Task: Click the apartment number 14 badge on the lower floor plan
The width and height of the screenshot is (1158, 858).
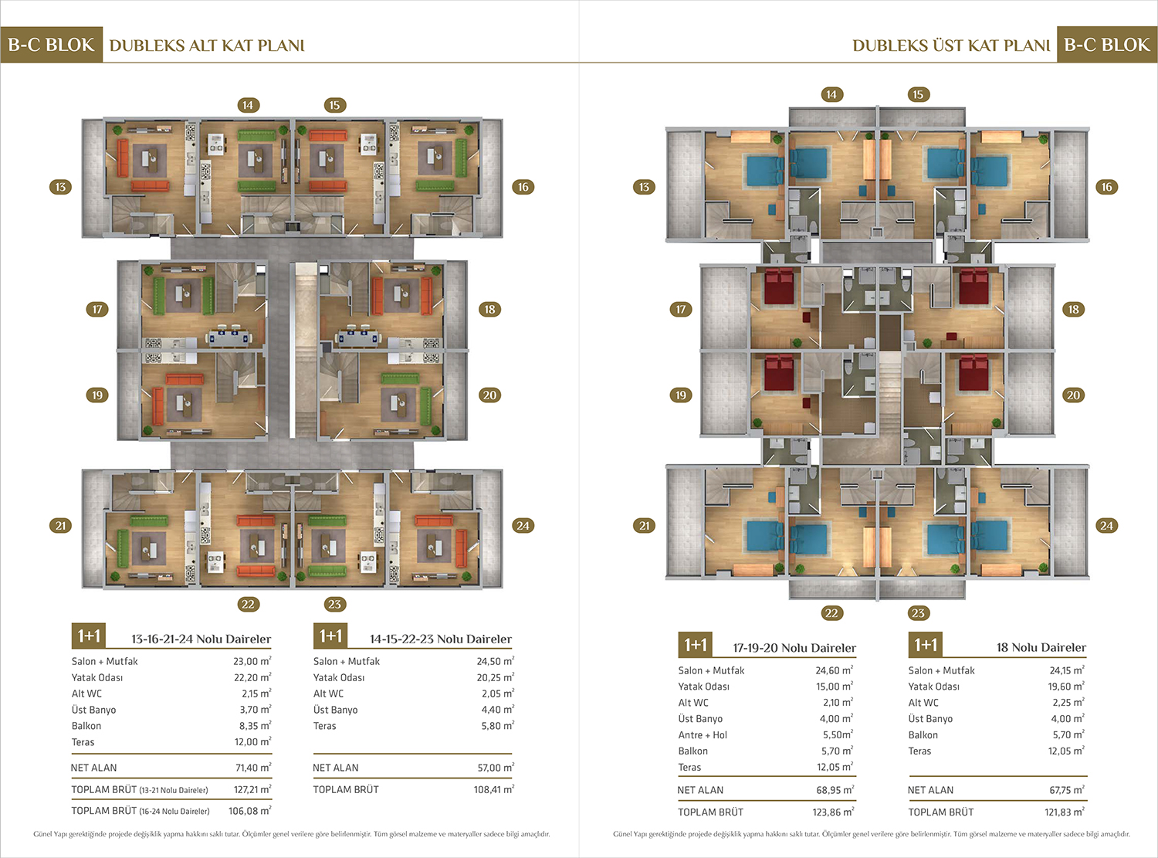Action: [x=248, y=105]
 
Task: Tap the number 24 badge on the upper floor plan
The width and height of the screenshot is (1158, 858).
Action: [x=1106, y=525]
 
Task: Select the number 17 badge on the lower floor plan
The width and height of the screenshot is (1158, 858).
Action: [x=97, y=309]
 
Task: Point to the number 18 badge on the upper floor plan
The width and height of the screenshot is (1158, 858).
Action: [x=1073, y=309]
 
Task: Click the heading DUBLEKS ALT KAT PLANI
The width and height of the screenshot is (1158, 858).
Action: [x=207, y=46]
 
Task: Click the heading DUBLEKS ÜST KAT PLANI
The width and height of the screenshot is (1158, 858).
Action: [x=951, y=46]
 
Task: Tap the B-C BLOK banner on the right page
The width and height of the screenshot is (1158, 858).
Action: [x=1107, y=45]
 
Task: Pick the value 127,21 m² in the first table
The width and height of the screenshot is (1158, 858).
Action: [x=252, y=789]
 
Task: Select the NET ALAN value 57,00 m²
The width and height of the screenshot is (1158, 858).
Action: [x=496, y=767]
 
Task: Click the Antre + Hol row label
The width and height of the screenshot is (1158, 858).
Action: [x=703, y=734]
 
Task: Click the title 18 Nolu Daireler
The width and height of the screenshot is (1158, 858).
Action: [x=1041, y=647]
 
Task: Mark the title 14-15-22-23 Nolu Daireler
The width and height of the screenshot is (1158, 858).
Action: [x=441, y=639]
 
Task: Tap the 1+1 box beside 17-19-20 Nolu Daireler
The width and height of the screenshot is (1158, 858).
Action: [x=696, y=644]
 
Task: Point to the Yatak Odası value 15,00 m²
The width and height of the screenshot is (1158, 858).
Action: [x=835, y=687]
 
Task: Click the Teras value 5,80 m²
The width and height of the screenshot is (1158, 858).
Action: [x=497, y=725]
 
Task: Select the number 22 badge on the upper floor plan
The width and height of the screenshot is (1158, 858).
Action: [x=831, y=613]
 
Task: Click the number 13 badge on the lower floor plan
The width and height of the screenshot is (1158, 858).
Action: [x=60, y=187]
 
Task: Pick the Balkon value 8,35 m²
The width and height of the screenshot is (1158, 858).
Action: [x=256, y=725]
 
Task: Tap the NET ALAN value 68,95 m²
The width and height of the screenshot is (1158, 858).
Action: [x=835, y=789]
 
